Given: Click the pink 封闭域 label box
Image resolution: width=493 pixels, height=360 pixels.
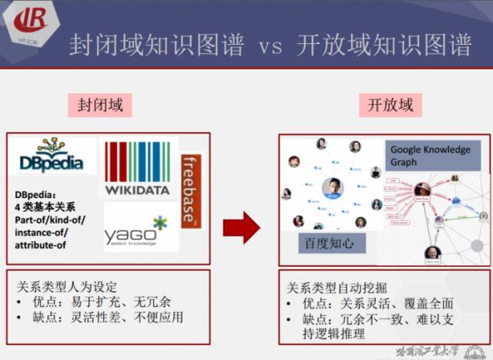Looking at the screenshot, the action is click(x=100, y=105).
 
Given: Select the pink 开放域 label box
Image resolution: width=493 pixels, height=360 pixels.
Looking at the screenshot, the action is click(x=390, y=105).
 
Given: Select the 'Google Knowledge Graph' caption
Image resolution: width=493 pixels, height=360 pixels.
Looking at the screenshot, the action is click(x=429, y=156).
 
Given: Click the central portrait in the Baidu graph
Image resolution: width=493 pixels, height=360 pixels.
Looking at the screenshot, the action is click(x=330, y=188).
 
